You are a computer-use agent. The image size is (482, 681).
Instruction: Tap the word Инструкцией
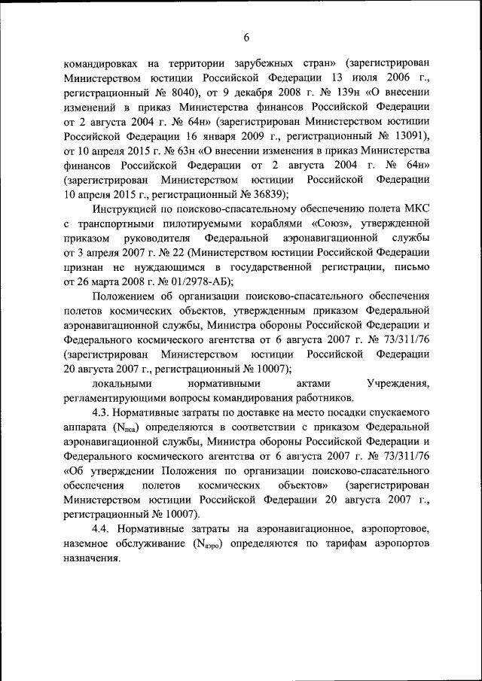pyautogui.click(x=131, y=208)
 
